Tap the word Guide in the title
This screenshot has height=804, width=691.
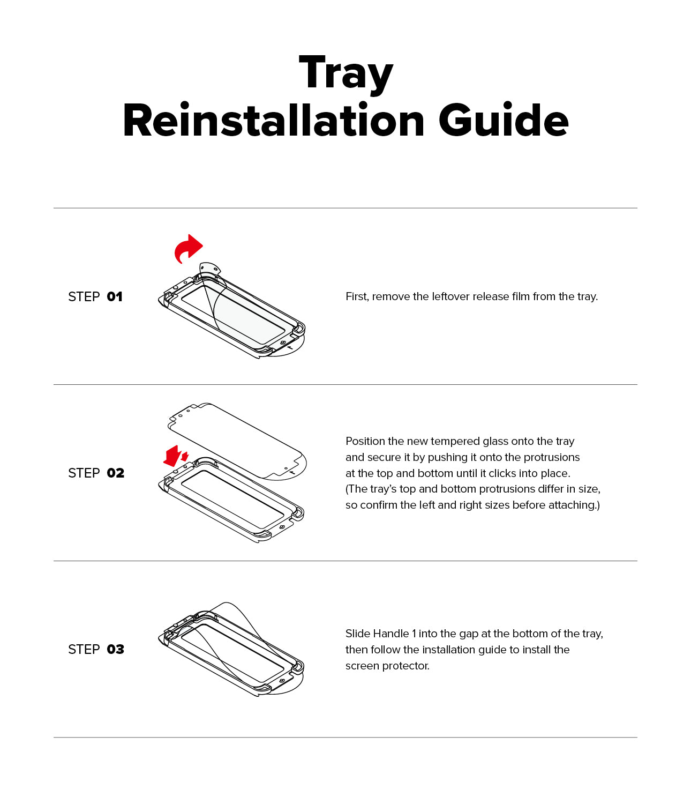point(503,121)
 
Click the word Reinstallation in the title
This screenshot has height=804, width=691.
point(274,121)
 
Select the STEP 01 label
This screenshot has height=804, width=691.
point(95,297)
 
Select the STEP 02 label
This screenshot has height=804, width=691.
point(96,473)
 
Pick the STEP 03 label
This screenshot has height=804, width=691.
point(96,650)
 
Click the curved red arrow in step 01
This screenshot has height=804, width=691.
point(188,248)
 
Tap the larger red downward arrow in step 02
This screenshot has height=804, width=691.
point(172,456)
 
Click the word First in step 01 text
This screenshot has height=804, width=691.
point(357,297)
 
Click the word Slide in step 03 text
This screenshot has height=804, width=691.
point(357,634)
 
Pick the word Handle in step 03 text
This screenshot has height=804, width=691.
point(392,634)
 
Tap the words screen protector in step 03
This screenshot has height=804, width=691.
point(387,666)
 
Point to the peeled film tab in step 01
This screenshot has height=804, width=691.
point(209,268)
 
